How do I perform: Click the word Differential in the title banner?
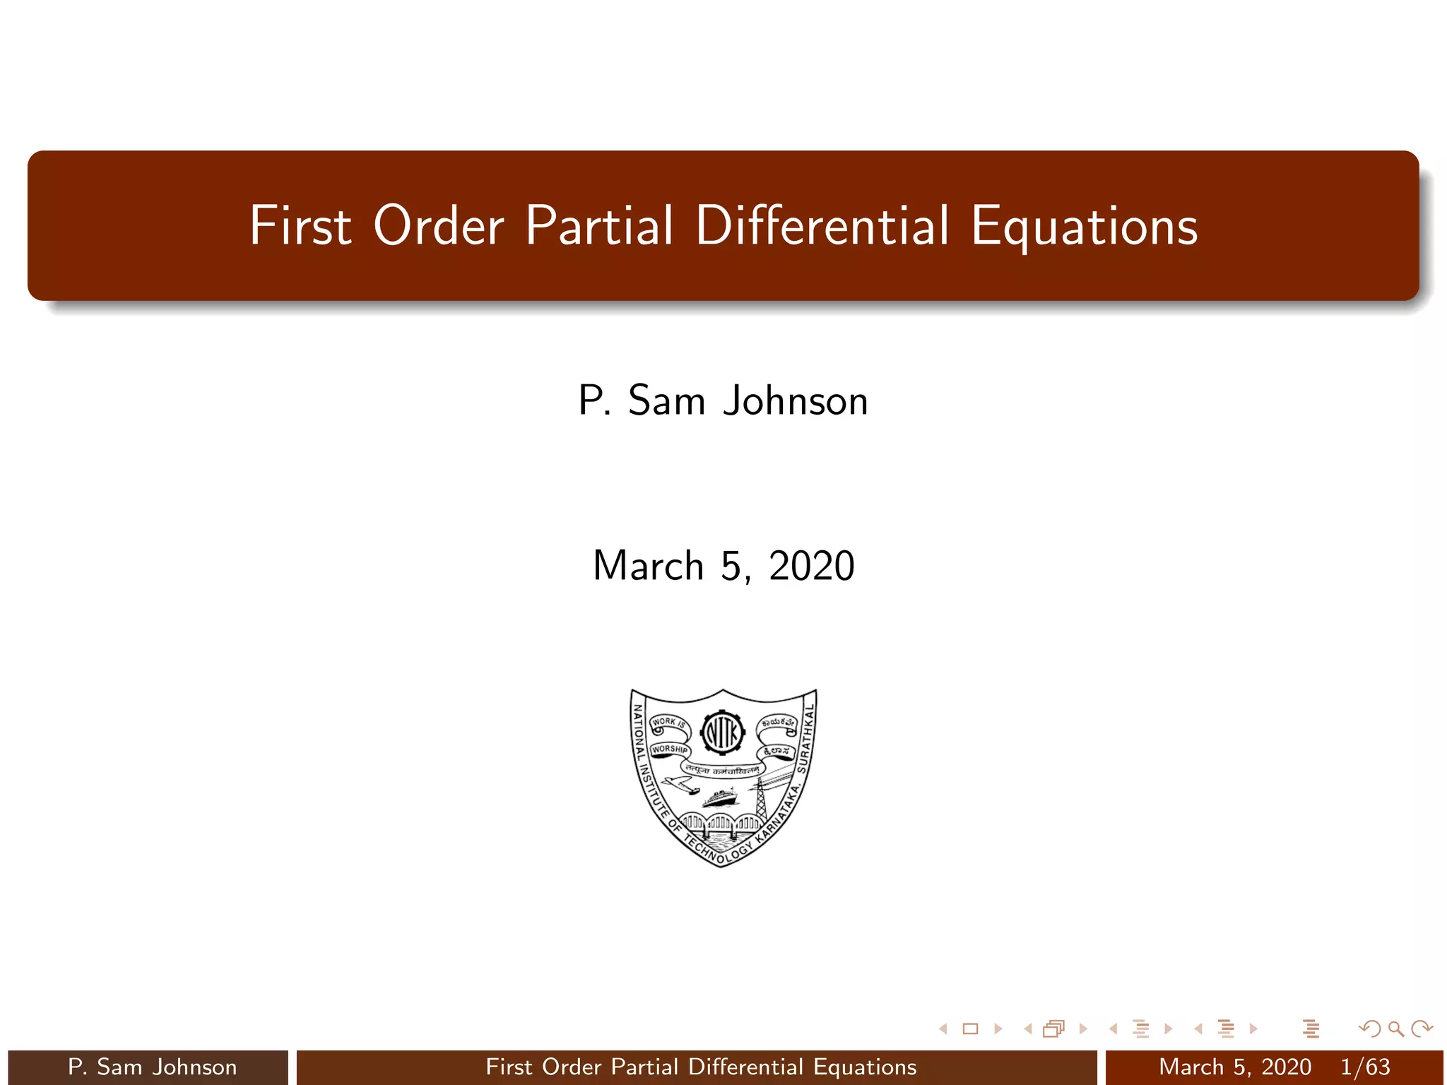(822, 226)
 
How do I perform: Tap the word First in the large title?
(300, 226)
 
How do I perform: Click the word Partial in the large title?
(598, 226)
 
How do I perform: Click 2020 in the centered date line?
(812, 567)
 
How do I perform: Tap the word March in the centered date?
(648, 567)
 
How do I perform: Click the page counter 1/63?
(1365, 1067)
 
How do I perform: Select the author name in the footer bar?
(152, 1067)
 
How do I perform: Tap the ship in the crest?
(719, 799)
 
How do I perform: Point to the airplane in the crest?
(679, 785)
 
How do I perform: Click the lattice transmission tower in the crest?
(762, 798)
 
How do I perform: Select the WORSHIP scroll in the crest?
(669, 749)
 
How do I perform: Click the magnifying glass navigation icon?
(1395, 1028)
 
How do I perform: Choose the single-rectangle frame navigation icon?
(970, 1028)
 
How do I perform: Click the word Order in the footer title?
(572, 1067)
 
